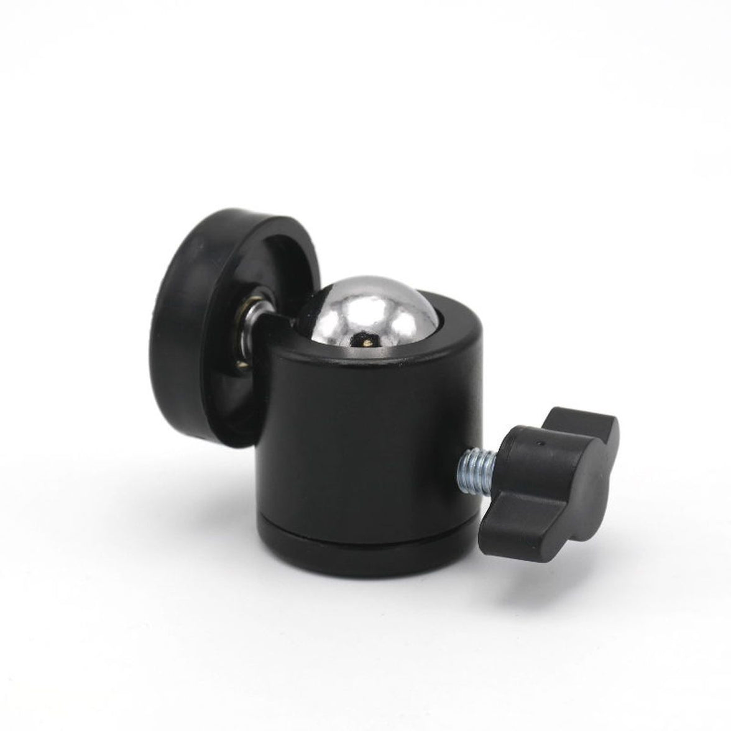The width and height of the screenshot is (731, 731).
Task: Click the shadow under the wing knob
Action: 535,553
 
